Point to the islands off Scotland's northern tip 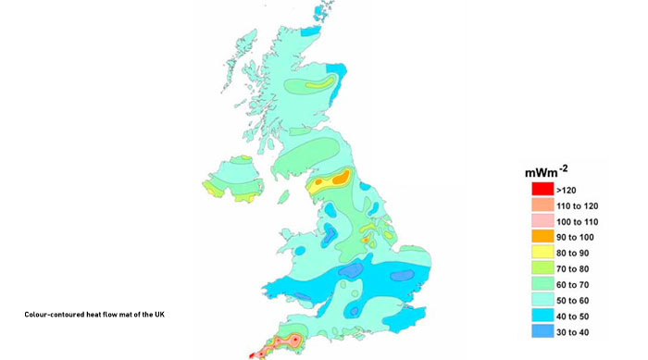pyautogui.click(x=322, y=11)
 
